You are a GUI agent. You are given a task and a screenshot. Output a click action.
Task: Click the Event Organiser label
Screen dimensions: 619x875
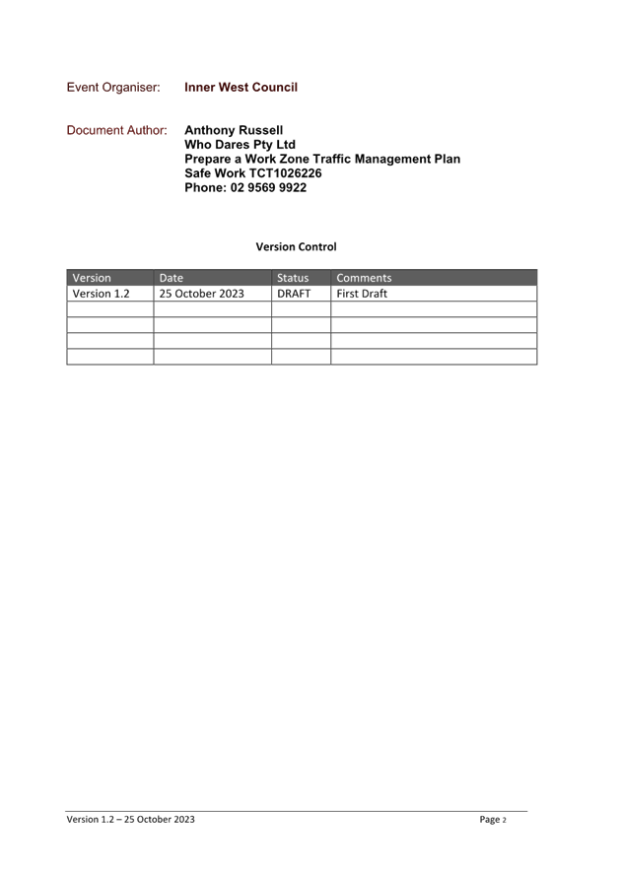point(113,88)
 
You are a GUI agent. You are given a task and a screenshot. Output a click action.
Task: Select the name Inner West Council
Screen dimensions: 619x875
point(241,87)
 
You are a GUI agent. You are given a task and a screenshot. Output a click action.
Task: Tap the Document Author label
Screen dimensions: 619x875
point(116,130)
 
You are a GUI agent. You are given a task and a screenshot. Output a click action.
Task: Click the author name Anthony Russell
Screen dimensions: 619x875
point(234,131)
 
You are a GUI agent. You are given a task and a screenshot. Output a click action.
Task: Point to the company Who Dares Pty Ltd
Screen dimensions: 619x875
point(240,145)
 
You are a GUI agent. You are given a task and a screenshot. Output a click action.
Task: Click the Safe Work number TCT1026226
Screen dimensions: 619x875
point(285,173)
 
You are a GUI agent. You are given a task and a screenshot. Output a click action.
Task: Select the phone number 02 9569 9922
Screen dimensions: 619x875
point(268,187)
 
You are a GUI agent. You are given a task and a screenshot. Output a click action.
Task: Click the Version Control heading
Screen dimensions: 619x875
point(297,246)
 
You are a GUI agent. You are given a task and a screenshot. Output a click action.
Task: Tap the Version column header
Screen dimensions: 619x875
point(92,278)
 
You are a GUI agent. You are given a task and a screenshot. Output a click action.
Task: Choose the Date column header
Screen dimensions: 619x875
point(172,278)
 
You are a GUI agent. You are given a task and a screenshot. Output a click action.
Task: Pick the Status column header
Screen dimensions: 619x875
point(293,278)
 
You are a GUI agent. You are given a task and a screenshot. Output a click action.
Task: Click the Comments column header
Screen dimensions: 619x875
point(364,278)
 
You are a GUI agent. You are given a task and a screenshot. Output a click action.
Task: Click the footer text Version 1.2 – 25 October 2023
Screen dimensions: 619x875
point(131,819)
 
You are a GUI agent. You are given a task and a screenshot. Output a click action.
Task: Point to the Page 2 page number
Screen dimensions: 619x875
point(493,819)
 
